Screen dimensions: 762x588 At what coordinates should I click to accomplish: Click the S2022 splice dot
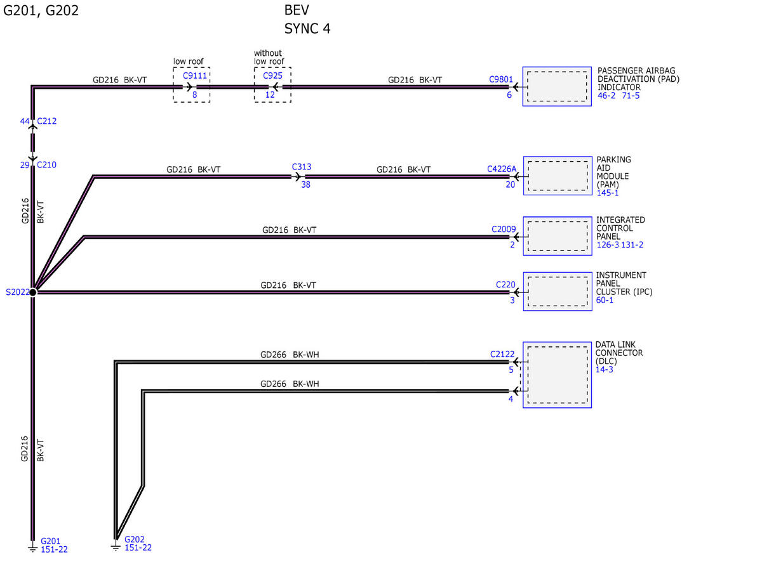(x=32, y=292)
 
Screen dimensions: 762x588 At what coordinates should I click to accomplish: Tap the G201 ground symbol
(x=32, y=548)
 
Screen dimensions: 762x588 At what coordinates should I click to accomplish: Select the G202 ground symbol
(x=116, y=546)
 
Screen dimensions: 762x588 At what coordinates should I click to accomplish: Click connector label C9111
(x=194, y=75)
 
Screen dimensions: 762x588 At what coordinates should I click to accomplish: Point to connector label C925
(x=272, y=75)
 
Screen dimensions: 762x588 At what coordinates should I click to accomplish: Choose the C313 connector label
(x=302, y=167)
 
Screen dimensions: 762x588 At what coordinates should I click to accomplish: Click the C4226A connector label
(x=502, y=169)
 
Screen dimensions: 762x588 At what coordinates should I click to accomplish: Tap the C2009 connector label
(x=504, y=229)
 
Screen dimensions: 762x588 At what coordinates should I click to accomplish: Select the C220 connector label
(x=505, y=284)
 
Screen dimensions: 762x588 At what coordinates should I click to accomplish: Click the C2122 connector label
(x=502, y=354)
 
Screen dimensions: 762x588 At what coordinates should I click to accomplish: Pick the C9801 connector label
(x=501, y=79)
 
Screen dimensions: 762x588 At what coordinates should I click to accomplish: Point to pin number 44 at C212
(x=25, y=121)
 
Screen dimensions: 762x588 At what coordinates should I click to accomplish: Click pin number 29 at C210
(x=25, y=165)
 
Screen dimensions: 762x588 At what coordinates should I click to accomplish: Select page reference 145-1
(x=607, y=193)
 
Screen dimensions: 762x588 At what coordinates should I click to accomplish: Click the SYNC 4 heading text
(x=307, y=29)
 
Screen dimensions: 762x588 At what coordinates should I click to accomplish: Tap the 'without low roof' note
(x=269, y=57)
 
